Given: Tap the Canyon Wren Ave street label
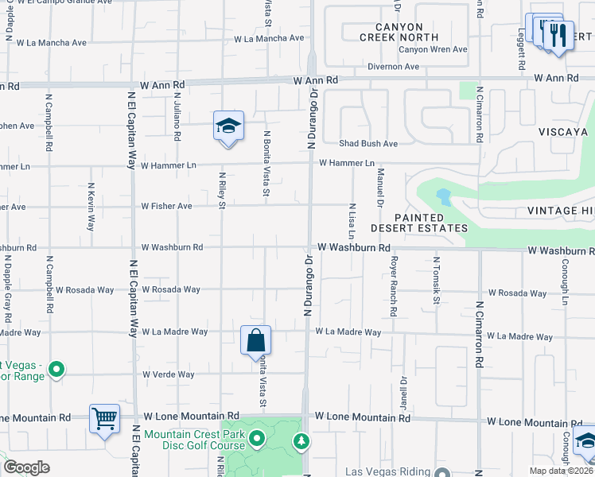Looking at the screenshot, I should tap(433, 49).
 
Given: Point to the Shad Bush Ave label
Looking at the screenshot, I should tap(368, 144).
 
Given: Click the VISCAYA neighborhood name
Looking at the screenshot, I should tap(562, 132).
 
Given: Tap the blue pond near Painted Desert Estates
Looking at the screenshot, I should tap(442, 196).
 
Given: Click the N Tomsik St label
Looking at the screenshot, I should tap(437, 281).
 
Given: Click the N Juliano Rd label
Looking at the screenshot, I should tap(177, 119).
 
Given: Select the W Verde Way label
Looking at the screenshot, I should tap(168, 374).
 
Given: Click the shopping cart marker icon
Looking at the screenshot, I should tap(104, 417).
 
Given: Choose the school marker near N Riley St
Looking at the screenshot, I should tap(228, 126).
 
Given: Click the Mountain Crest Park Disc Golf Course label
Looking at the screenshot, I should tap(195, 440).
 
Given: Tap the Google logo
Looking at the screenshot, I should tap(27, 467).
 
